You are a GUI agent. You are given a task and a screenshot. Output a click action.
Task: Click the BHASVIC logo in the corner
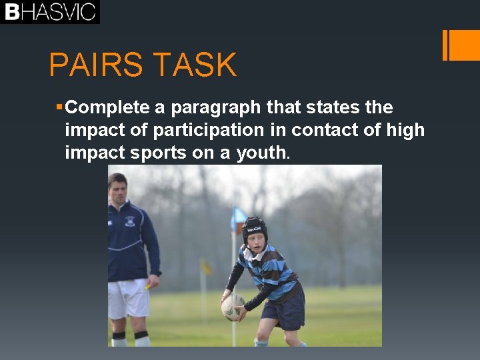tap(50, 12)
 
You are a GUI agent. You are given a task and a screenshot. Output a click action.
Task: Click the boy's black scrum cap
tap(254, 229)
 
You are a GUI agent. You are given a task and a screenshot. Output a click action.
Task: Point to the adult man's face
tap(118, 189)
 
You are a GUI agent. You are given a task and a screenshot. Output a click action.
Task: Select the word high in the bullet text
tap(405, 130)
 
